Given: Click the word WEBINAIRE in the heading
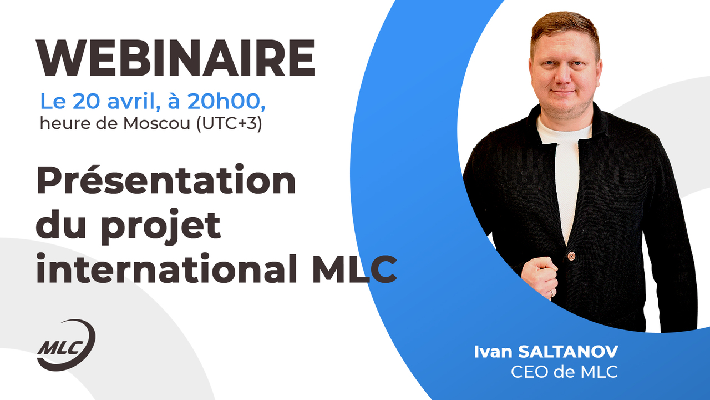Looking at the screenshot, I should coord(175,58).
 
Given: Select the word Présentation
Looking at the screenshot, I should coord(166,181).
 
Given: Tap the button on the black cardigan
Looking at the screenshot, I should coord(572,256).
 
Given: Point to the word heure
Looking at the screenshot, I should coord(61,123).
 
